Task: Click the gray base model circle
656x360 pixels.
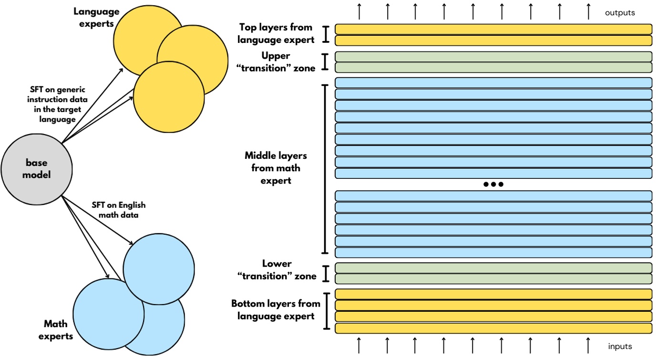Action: (37, 169)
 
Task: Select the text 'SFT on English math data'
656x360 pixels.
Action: (118, 210)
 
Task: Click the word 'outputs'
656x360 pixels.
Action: (620, 13)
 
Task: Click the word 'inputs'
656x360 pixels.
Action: (620, 347)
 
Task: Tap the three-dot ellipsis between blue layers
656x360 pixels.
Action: (493, 185)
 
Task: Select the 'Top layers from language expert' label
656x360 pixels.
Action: (277, 33)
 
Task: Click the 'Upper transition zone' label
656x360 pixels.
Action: (276, 62)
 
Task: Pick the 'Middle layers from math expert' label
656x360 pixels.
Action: (276, 168)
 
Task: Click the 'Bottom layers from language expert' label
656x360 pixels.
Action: (276, 309)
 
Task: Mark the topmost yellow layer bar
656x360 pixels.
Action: (493, 29)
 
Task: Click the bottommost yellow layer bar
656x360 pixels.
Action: (493, 328)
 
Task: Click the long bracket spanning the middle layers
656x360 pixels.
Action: (326, 169)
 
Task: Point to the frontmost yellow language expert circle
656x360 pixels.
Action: (169, 98)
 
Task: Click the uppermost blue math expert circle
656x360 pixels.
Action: (159, 268)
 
